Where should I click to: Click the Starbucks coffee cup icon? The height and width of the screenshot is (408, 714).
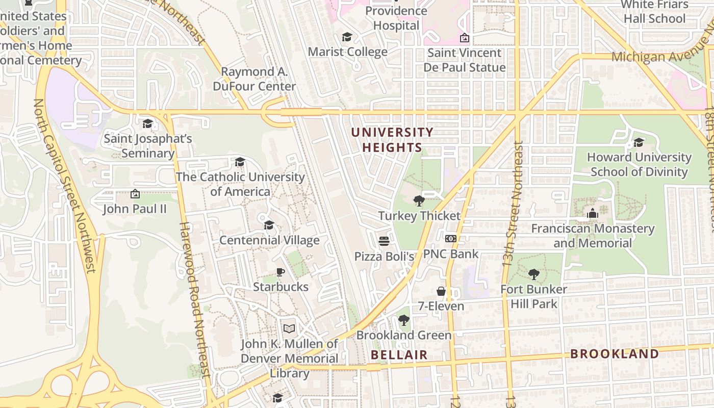279,272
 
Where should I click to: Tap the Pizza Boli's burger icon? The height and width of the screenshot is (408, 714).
384,241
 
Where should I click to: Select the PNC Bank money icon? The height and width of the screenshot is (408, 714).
451,239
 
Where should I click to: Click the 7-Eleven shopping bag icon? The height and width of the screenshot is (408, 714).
441,291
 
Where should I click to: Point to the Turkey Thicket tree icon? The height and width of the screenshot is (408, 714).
419,200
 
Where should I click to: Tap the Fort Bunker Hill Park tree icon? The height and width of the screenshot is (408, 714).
533,274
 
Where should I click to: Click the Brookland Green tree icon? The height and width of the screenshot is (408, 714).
404,320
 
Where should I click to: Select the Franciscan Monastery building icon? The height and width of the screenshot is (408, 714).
593,213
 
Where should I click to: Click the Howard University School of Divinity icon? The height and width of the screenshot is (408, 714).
639,142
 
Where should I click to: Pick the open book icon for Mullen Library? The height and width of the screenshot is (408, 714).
289,328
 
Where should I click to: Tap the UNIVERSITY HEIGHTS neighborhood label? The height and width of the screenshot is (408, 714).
392,140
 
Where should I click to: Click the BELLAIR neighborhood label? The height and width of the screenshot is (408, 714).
399,354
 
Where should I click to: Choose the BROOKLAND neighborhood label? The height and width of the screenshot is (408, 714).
614,353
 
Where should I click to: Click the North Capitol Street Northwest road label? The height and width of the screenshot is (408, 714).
64,186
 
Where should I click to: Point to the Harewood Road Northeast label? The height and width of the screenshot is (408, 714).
194,300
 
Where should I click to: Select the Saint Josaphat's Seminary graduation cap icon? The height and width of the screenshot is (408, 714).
148,123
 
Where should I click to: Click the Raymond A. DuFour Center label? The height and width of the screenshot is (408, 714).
254,79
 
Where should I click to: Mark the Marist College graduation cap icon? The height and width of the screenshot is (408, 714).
347,37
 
